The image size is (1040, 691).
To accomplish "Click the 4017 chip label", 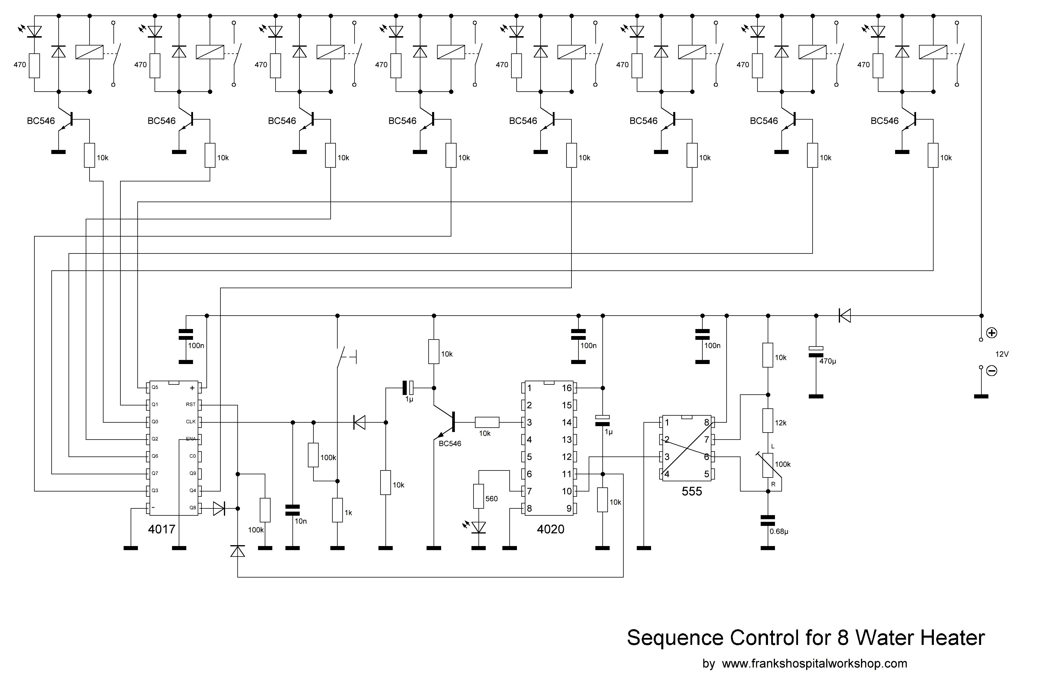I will (162, 529).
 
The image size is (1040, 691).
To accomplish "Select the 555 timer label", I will (692, 491).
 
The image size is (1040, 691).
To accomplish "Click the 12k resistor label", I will (781, 423).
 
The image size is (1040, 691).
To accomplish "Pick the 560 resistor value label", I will (492, 499).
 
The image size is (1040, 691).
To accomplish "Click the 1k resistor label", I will (348, 513).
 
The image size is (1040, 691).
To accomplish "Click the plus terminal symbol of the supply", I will (992, 333).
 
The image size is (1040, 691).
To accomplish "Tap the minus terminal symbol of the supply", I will (992, 371).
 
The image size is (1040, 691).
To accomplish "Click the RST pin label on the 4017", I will (191, 405).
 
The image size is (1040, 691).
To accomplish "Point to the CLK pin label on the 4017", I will (191, 422).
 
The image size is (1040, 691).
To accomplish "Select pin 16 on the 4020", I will (567, 388).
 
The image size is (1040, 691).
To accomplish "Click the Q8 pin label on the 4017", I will (192, 508).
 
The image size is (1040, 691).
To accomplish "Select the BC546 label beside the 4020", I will (450, 444).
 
